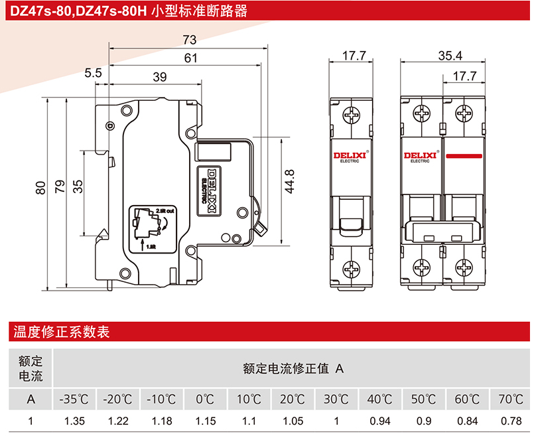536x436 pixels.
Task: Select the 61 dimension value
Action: pos(191,58)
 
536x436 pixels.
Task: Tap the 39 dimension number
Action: pos(159,77)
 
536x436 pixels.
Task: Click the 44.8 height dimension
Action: pos(289,181)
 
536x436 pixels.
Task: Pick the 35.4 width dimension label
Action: pos(450,56)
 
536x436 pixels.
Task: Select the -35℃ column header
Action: pos(74,400)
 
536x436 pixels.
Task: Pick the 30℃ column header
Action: pos(336,400)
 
